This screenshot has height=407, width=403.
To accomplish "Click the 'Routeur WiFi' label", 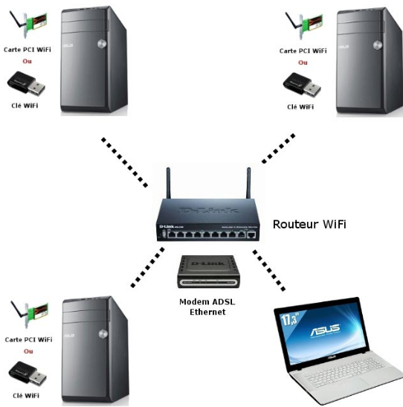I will pyautogui.click(x=309, y=224).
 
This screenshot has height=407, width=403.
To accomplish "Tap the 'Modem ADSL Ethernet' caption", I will pyautogui.click(x=202, y=307).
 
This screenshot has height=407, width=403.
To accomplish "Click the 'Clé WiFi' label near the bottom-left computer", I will pyautogui.click(x=27, y=395).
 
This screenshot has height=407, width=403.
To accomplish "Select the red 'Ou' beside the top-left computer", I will pyautogui.click(x=28, y=62).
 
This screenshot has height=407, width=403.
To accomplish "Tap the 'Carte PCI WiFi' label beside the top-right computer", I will pyautogui.click(x=303, y=51).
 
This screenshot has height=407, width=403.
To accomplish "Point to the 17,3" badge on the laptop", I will pyautogui.click(x=292, y=318).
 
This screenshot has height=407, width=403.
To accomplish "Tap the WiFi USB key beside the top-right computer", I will pyautogui.click(x=303, y=87).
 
